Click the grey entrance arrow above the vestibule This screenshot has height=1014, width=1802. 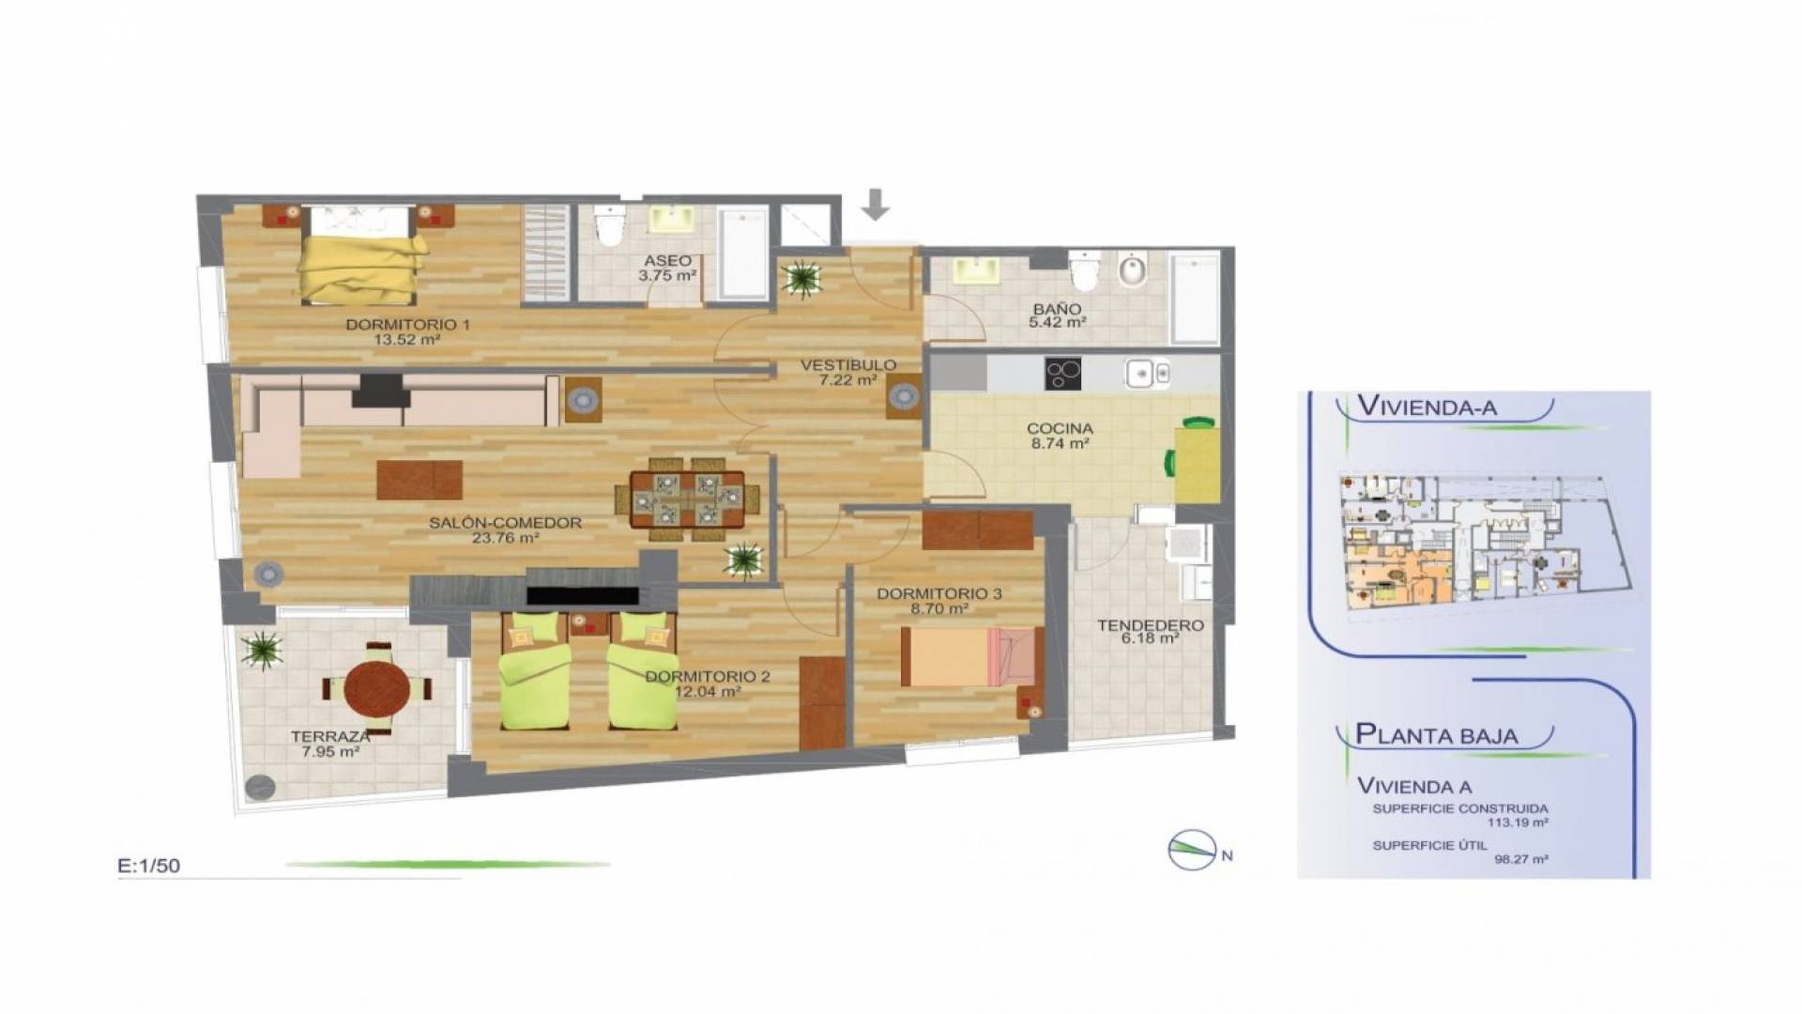pyautogui.click(x=876, y=205)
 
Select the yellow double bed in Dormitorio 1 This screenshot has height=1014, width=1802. pyautogui.click(x=361, y=269)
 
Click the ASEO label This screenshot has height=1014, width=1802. pyautogui.click(x=667, y=260)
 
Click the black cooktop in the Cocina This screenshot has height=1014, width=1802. pyautogui.click(x=1062, y=374)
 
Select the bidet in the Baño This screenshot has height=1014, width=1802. pyautogui.click(x=1133, y=271)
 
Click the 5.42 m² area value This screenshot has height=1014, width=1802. pyautogui.click(x=1058, y=321)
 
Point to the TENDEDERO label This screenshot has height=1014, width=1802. pyautogui.click(x=1151, y=625)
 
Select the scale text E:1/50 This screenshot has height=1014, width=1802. pyautogui.click(x=149, y=866)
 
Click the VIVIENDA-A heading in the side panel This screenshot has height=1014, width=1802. pyautogui.click(x=1428, y=407)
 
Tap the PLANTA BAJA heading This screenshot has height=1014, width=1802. pyautogui.click(x=1436, y=734)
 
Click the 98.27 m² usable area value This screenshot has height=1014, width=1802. pyautogui.click(x=1518, y=858)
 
